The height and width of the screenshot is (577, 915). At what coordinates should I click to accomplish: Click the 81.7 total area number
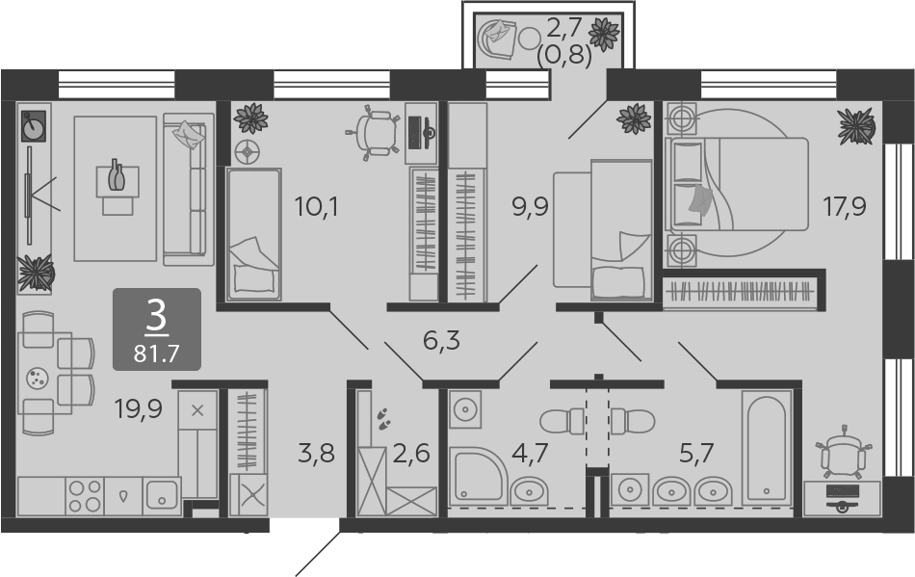pos(156,353)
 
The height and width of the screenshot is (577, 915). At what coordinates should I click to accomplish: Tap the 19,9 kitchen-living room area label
pos(139,409)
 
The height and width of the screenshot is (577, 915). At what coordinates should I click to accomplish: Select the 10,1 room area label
pos(316,206)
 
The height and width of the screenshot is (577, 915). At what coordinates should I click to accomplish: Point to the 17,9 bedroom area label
pos(845,206)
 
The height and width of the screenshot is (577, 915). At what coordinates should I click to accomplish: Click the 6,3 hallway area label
pos(441,340)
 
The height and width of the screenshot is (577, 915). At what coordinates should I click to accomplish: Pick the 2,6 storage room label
pos(411,453)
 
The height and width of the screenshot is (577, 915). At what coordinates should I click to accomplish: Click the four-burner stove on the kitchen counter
pos(85,496)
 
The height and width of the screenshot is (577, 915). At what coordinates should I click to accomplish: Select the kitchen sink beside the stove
pos(162,496)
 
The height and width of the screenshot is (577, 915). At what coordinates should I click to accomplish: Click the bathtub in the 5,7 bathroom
pos(767,448)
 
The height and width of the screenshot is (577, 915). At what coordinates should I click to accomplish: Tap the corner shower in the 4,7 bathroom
pos(478,475)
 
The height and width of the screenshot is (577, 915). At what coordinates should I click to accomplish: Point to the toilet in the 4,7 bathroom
pos(562,421)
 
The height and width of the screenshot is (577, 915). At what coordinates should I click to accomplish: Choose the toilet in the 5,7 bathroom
pos(633,421)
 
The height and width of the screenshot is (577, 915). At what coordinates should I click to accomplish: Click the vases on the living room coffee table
pos(117,174)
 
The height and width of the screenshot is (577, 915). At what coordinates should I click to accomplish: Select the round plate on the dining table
pos(38,378)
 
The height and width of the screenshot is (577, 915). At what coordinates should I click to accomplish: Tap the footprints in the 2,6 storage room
pos(383,418)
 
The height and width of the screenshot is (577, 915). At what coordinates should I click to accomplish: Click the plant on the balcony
pos(603,35)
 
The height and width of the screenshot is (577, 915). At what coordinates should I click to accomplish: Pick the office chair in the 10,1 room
pos(371,133)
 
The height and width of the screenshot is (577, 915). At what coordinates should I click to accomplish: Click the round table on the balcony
pos(530,39)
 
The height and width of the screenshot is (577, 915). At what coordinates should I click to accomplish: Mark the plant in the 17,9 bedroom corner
pos(856,126)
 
